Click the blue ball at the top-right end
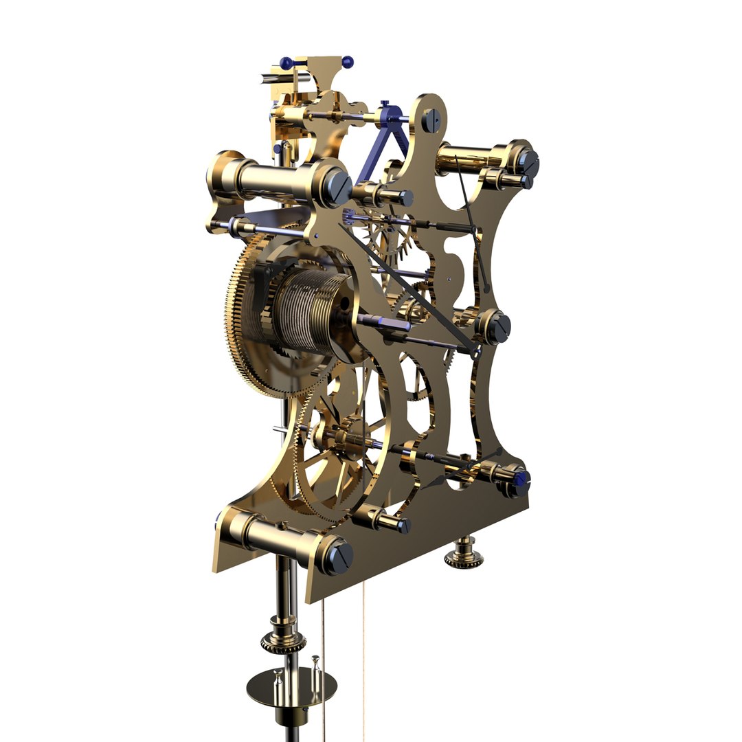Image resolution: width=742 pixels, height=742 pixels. (x=348, y=62)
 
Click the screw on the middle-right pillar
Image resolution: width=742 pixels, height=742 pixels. (x=500, y=327)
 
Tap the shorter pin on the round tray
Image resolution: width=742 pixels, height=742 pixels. (x=278, y=678)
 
